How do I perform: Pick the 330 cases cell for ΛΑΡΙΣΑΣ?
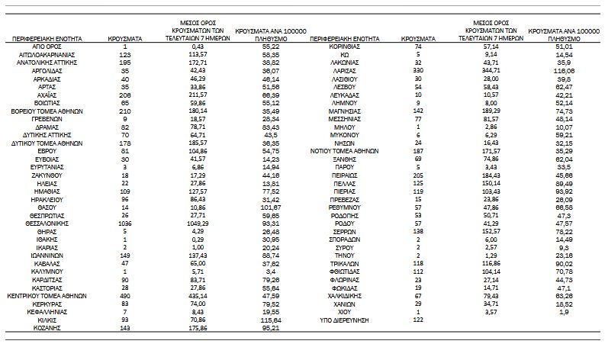coord(418,70)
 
